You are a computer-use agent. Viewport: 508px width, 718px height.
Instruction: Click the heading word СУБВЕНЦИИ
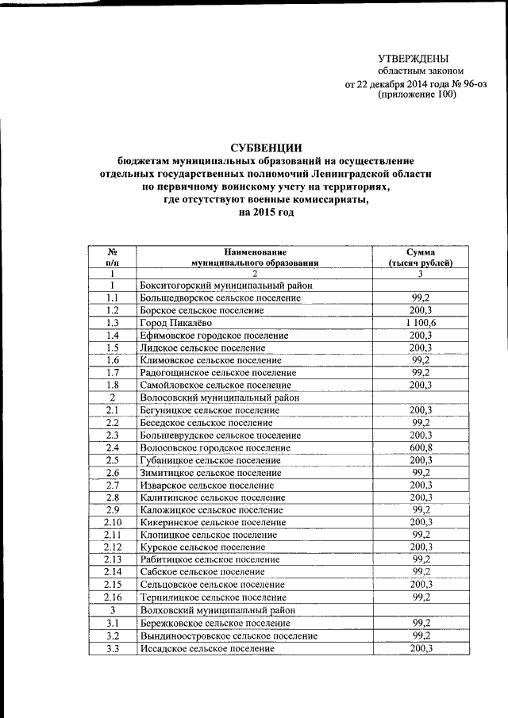pyautogui.click(x=266, y=147)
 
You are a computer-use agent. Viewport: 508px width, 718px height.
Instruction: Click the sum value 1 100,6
pyautogui.click(x=421, y=323)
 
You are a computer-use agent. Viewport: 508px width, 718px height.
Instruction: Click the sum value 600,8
pyautogui.click(x=421, y=447)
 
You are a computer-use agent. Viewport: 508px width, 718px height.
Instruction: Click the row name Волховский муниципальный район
pyautogui.click(x=216, y=610)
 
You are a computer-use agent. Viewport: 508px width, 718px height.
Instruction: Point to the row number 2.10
pyautogui.click(x=113, y=522)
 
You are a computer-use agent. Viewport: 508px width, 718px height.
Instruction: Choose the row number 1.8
pyautogui.click(x=113, y=385)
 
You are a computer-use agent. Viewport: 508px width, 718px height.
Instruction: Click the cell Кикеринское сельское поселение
pyautogui.click(x=212, y=522)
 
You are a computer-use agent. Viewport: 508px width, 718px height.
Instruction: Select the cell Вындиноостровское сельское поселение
pyautogui.click(x=228, y=635)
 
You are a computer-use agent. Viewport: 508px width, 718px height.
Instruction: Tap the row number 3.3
pyautogui.click(x=113, y=648)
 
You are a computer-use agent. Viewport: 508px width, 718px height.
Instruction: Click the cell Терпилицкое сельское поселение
pyautogui.click(x=212, y=597)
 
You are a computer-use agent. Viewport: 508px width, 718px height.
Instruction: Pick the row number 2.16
pyautogui.click(x=113, y=597)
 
